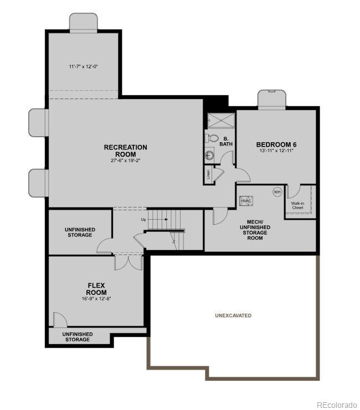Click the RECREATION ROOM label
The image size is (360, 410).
(x=126, y=150)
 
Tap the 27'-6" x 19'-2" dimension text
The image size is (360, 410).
(x=126, y=161)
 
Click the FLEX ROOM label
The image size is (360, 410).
(x=96, y=289)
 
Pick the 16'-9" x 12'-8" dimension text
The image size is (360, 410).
(x=96, y=299)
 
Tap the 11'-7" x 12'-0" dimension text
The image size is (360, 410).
(x=83, y=67)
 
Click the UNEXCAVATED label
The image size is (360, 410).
(x=233, y=315)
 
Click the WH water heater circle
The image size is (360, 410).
(x=277, y=191)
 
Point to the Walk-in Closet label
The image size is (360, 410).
(x=297, y=205)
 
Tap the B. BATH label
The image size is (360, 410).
(x=226, y=141)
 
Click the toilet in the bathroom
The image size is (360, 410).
(x=212, y=138)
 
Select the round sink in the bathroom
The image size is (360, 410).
(x=210, y=155)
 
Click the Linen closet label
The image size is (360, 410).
(x=208, y=174)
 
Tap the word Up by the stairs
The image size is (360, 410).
(x=143, y=219)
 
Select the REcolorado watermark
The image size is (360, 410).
(x=337, y=404)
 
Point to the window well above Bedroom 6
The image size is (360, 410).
(x=272, y=98)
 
